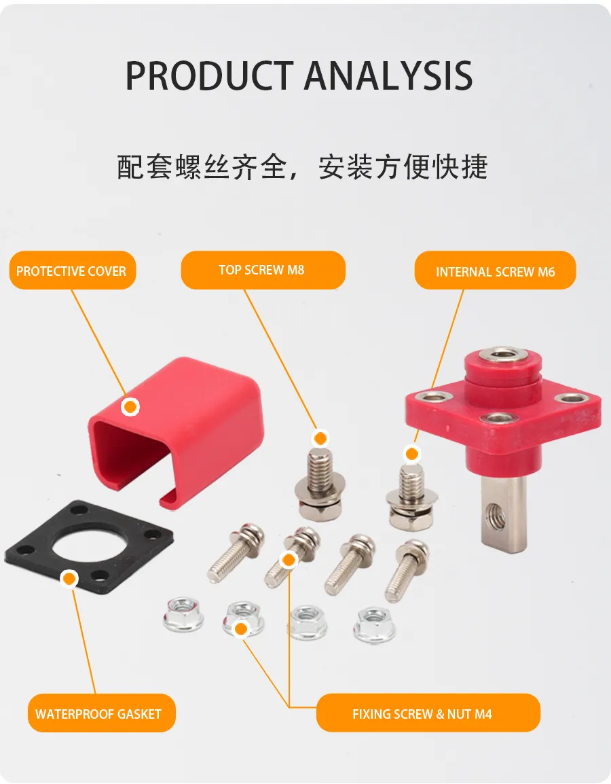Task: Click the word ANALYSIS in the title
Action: coord(388,75)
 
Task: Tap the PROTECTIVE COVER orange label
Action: coord(73,270)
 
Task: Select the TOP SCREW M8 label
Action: coord(263,270)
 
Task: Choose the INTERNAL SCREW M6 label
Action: coord(495,270)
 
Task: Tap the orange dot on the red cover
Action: coord(130,407)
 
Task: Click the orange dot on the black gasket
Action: coord(69,579)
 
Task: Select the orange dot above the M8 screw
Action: coord(320,438)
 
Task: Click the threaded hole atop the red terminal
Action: coord(502,355)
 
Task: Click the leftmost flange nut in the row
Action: coord(183,615)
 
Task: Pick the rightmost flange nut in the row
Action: coord(375,625)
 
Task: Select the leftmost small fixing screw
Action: coord(235,552)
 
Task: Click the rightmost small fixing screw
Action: coord(406,570)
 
